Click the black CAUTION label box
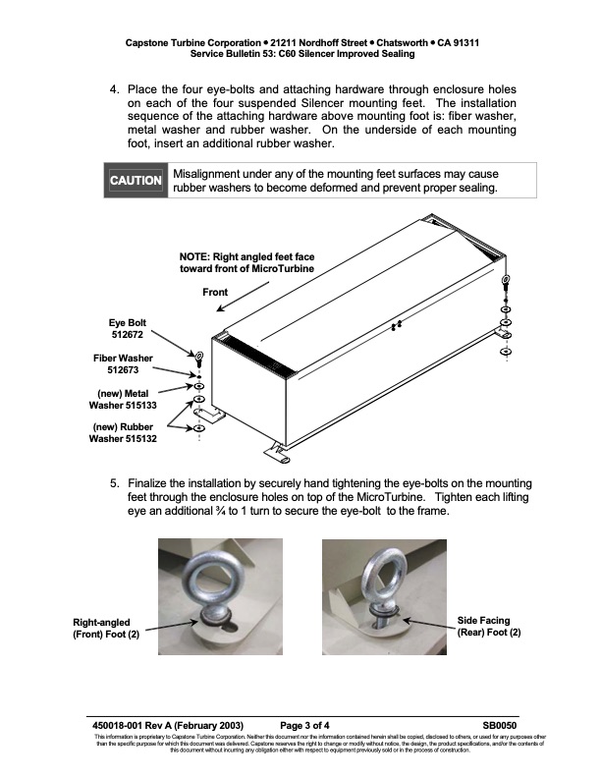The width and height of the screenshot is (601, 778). point(136,181)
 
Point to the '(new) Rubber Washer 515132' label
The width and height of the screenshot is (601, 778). point(124,433)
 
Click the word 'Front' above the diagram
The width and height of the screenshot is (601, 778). point(215,293)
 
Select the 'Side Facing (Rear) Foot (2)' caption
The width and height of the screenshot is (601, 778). point(489,626)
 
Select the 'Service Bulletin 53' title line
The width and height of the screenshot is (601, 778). point(301,55)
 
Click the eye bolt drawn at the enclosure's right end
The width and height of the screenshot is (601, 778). point(505,284)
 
